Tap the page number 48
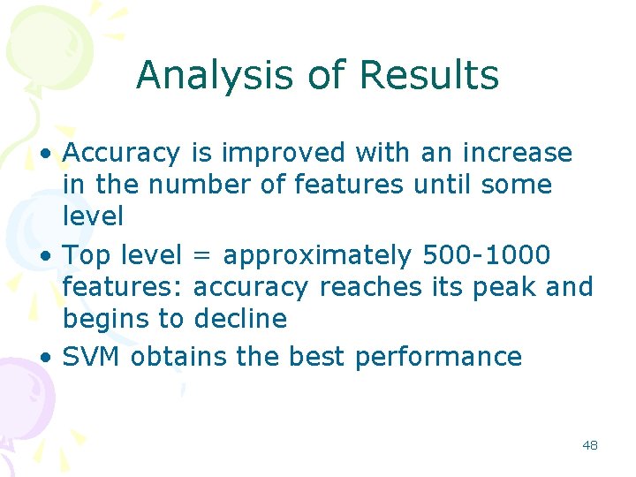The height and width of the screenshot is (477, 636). click(x=590, y=445)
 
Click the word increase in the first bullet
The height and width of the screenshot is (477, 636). click(x=518, y=154)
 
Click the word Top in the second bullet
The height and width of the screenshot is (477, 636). click(x=87, y=255)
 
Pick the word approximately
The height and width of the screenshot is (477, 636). click(x=317, y=256)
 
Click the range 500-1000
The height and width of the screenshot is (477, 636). click(x=487, y=255)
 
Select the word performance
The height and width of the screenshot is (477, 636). click(x=438, y=358)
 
